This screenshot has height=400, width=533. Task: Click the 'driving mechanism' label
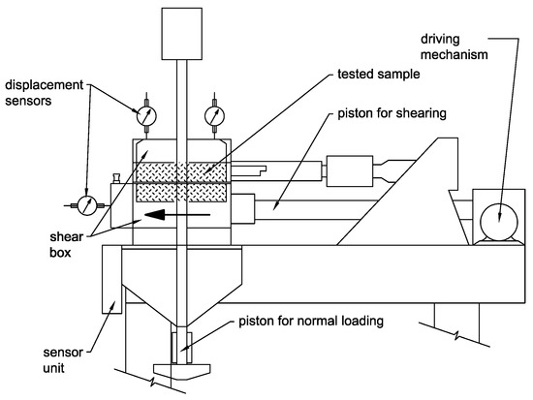coord(455,46)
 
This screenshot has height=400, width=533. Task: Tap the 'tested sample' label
coord(378,74)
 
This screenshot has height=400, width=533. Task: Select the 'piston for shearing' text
coord(392,113)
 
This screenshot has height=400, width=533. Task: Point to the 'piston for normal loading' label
coord(311,322)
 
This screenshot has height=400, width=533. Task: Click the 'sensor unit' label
coord(63,360)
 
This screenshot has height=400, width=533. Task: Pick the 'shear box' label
coord(66,245)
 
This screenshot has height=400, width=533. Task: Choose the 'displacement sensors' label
coord(44,92)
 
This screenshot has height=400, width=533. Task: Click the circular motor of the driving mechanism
coord(499,223)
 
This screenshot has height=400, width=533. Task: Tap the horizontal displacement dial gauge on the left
coord(87,205)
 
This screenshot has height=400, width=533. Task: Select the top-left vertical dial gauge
coord(146,116)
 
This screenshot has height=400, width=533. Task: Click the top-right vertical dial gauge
coord(214,116)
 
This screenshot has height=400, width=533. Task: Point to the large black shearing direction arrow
coord(177,215)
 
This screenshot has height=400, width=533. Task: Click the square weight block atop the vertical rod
coord(182,34)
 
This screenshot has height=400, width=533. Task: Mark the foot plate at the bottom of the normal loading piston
coord(182,372)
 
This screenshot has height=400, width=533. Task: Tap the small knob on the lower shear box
coord(116,178)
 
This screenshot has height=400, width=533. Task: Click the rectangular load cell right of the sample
coord(350,171)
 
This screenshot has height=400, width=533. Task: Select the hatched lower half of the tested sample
coord(181,193)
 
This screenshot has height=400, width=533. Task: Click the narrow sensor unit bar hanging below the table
coord(111,279)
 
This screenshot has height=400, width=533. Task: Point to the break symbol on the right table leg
coord(455,335)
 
